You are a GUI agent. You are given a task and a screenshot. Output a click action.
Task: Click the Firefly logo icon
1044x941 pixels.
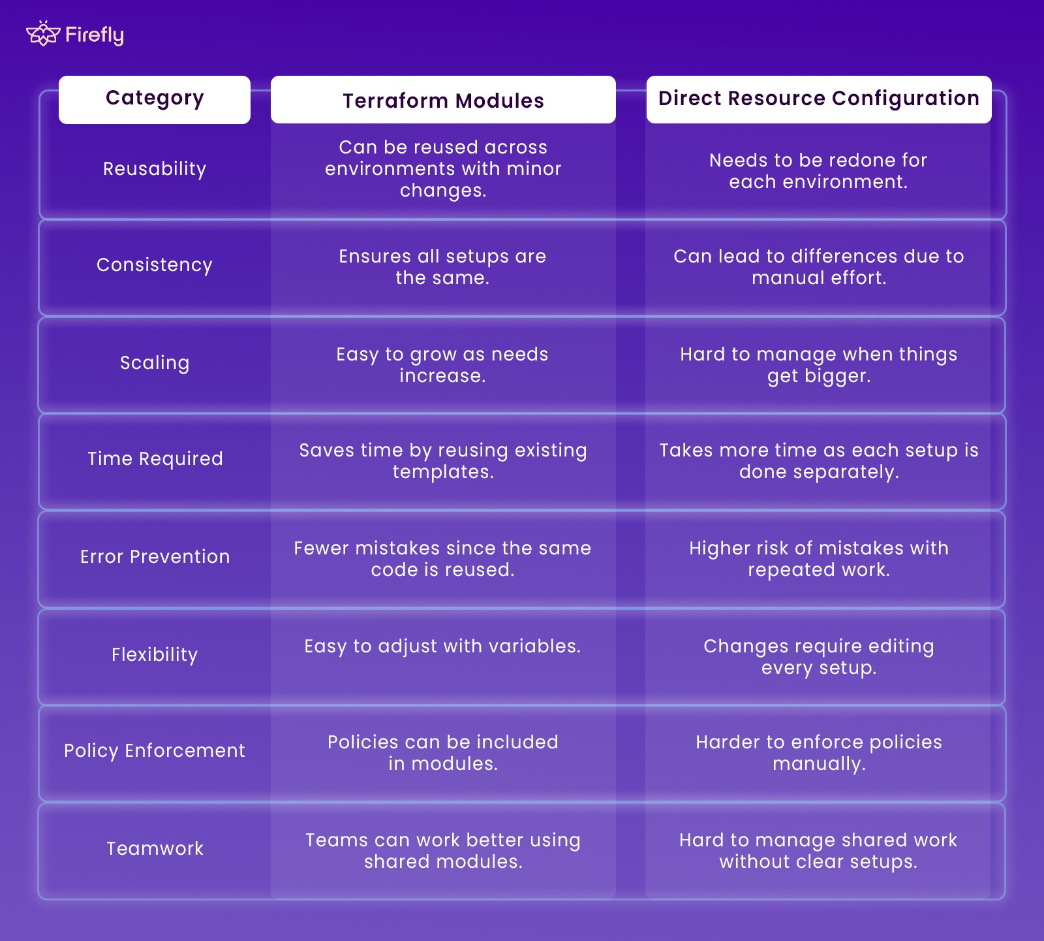(42, 34)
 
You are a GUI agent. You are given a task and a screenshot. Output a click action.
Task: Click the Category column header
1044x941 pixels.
(155, 99)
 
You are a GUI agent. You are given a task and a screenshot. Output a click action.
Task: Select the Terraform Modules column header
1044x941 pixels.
(443, 101)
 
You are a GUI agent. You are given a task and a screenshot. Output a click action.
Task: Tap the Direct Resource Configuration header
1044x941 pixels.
(818, 99)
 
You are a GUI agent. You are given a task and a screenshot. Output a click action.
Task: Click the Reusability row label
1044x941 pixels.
(155, 169)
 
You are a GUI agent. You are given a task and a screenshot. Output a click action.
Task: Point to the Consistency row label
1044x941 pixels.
(155, 265)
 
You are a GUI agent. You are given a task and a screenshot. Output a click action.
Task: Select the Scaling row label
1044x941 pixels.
(155, 363)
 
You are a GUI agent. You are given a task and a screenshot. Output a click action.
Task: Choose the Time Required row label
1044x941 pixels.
(155, 459)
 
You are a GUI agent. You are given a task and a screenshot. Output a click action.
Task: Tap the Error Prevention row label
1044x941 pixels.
(155, 557)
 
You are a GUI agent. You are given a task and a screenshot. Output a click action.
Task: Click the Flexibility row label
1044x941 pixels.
(155, 655)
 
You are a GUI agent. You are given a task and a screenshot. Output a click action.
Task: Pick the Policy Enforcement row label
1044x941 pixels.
(155, 751)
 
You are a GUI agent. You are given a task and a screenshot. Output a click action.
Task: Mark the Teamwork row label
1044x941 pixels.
(155, 849)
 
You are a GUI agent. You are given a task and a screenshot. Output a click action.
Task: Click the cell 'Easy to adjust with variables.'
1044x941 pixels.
(442, 646)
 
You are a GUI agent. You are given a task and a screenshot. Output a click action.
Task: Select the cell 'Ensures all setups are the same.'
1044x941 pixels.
(442, 267)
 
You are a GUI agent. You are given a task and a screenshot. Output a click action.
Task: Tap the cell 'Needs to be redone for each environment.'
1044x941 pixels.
(818, 171)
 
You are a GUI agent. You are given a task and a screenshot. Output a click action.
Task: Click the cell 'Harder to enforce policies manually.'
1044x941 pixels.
(819, 753)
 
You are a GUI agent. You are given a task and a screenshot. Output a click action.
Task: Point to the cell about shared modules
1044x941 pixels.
(443, 851)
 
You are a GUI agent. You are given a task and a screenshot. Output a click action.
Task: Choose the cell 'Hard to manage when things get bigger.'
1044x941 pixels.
(819, 365)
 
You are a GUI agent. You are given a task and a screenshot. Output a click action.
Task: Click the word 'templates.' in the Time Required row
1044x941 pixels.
(443, 472)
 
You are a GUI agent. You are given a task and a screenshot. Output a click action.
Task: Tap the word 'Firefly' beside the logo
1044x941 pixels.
(95, 35)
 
